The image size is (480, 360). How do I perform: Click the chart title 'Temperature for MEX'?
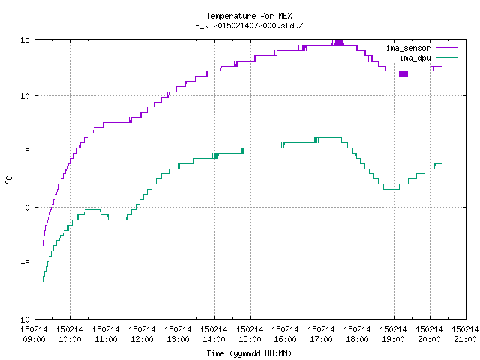[x=249, y=16]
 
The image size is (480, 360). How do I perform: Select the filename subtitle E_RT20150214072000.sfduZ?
[x=249, y=25]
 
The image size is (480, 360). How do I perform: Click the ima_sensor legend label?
[x=408, y=48]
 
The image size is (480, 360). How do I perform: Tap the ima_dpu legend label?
[x=415, y=58]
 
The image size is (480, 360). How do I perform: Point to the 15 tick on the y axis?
[x=25, y=40]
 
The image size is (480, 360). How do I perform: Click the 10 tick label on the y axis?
[x=25, y=96]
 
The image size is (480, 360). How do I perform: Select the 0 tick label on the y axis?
[x=28, y=208]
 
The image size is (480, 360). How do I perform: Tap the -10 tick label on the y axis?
[x=23, y=319]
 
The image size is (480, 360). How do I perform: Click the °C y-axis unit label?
[x=8, y=180]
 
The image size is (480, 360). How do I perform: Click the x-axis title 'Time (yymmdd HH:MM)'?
[x=249, y=353]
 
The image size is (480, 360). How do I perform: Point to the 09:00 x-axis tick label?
[x=34, y=339]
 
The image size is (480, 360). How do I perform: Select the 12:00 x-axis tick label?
[x=142, y=339]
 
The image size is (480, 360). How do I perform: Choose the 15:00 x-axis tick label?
[x=250, y=339]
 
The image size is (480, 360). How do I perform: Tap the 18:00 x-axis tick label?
[x=357, y=339]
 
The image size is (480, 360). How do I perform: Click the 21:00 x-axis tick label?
[x=465, y=339]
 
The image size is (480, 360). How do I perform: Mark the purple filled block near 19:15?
[x=403, y=73]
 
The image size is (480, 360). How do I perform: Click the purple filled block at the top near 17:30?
[x=339, y=42]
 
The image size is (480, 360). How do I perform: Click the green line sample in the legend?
[x=447, y=58]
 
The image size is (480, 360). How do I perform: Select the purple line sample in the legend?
[x=447, y=48]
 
